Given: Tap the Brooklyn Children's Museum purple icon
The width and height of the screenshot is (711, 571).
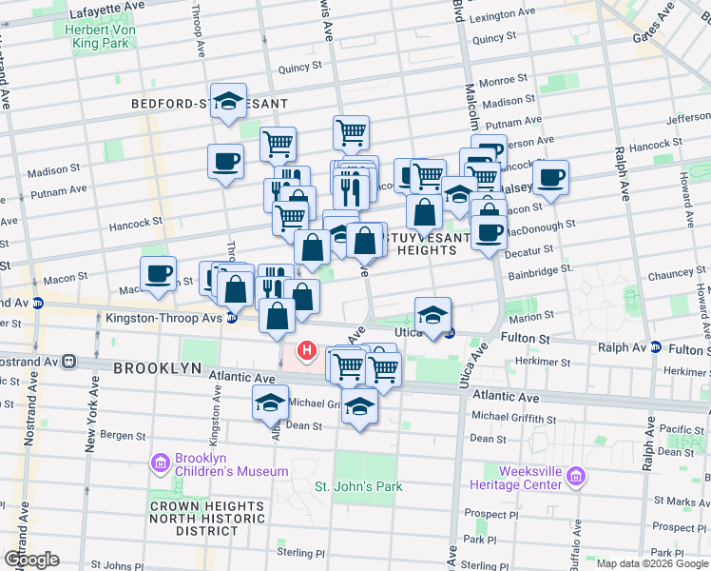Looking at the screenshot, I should point(159,463).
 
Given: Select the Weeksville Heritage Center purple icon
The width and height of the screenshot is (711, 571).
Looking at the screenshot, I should point(573,475).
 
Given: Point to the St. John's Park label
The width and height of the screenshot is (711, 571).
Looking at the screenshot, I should point(358,486).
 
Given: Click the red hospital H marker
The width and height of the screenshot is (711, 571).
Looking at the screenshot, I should point(307,351).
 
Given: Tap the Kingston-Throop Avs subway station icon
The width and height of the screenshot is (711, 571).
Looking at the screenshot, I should point(232,318).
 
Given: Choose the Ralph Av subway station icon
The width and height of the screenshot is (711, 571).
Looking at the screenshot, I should point(656,347).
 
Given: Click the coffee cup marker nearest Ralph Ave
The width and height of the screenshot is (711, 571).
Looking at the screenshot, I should point(550,176).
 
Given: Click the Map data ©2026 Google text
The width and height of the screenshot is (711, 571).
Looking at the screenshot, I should point(651,563).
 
